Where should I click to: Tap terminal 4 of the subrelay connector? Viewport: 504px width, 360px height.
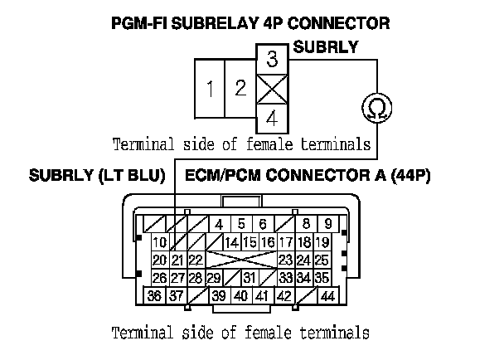(x=272, y=118)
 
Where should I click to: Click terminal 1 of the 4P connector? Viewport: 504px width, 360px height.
(x=211, y=89)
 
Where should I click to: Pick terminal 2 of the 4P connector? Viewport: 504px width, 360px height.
(x=240, y=89)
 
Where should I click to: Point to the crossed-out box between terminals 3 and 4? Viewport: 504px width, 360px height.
(x=272, y=89)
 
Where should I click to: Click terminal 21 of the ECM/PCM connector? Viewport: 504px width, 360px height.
(x=176, y=260)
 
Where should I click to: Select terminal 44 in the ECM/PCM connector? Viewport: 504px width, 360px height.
(x=327, y=296)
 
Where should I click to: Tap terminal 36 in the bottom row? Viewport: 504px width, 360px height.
(x=154, y=296)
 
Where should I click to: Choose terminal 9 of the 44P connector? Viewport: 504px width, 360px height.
(x=327, y=224)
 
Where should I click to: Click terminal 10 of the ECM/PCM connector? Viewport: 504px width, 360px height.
(x=160, y=242)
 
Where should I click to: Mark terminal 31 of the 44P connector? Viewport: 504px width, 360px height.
(x=249, y=278)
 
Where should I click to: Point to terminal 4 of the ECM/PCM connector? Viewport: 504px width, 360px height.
(x=219, y=224)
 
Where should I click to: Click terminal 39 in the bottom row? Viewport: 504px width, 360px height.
(x=219, y=296)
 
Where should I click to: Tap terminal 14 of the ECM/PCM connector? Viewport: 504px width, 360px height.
(x=231, y=242)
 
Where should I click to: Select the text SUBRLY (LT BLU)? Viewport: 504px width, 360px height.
(x=98, y=176)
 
